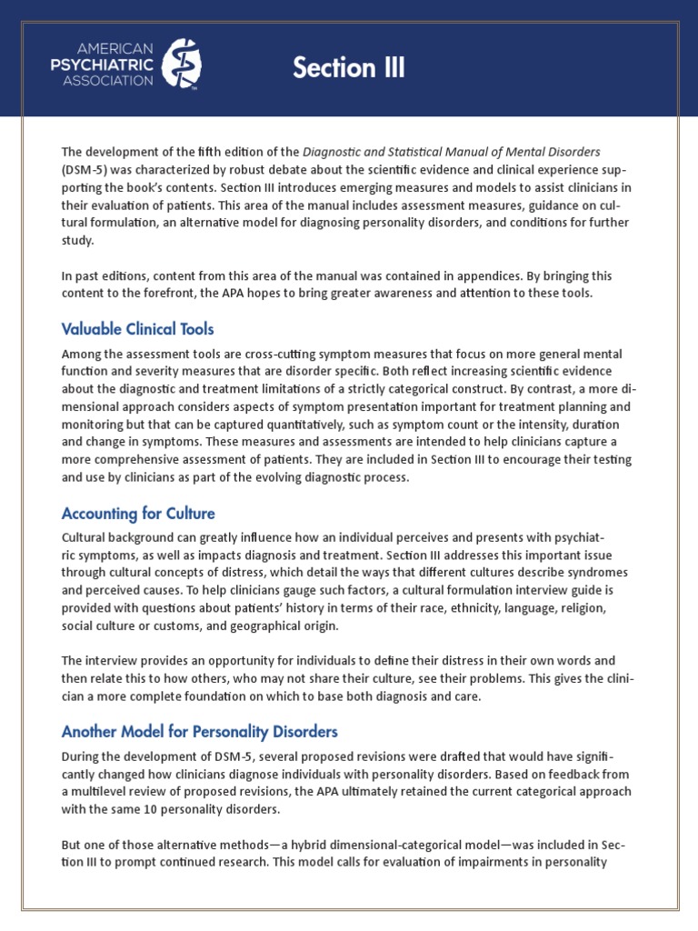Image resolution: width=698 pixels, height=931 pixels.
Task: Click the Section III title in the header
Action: click(348, 68)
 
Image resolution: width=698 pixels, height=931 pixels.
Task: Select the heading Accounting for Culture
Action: click(137, 513)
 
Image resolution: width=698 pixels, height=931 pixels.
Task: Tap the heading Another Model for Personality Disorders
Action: click(199, 731)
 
